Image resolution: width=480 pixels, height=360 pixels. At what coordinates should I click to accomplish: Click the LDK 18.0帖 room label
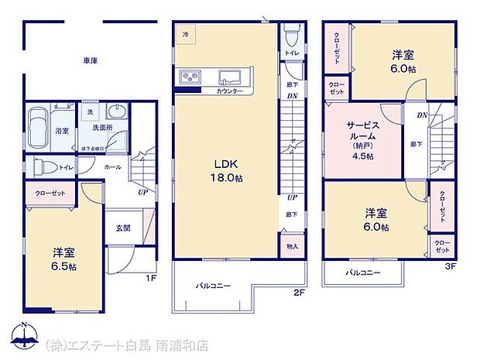click(224, 170)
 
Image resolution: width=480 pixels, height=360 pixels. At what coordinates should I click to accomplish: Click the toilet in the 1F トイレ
click(42, 165)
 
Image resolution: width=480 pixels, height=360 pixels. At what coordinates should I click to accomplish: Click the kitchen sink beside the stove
click(230, 76)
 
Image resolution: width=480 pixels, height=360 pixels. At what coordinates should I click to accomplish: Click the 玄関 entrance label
click(123, 227)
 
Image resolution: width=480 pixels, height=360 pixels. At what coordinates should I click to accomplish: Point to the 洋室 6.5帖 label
click(64, 259)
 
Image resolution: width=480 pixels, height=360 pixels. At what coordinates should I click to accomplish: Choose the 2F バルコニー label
click(212, 286)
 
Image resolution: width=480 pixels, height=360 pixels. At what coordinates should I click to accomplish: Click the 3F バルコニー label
click(362, 273)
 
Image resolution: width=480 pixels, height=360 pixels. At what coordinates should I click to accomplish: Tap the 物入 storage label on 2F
click(291, 246)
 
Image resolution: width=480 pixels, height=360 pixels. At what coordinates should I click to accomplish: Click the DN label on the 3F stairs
click(422, 115)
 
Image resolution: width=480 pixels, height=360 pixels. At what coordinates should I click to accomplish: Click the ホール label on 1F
click(112, 166)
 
